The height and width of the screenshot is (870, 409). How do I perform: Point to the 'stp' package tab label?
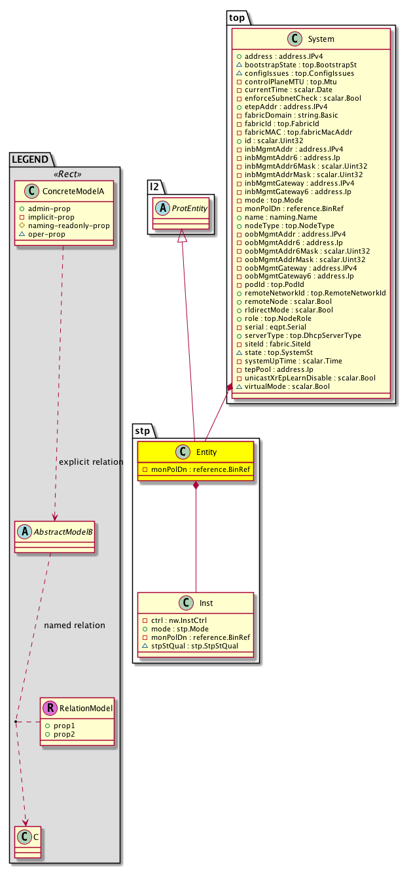(143, 430)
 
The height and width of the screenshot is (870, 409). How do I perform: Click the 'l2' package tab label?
(155, 187)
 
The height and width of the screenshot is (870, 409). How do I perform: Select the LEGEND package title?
(30, 159)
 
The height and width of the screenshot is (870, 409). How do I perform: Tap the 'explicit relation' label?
(91, 462)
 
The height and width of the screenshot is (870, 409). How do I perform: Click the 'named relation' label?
(75, 625)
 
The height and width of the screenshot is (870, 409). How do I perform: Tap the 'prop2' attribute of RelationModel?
(64, 735)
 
